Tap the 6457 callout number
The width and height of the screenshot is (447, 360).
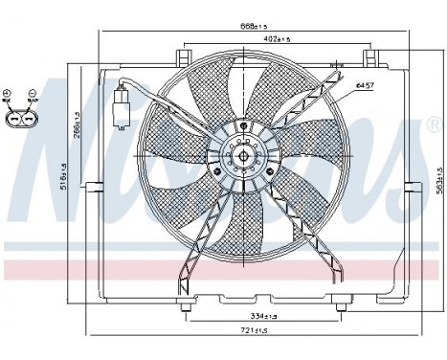point(365,86)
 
